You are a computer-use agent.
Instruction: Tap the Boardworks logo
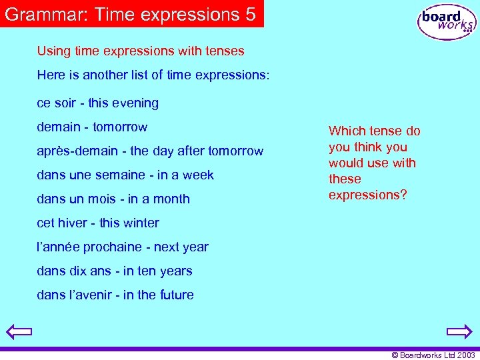click(x=446, y=22)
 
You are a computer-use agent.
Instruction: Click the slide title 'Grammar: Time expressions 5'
click(x=131, y=14)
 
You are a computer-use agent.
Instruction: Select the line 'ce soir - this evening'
click(x=97, y=103)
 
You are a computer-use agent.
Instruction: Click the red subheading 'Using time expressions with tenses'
click(x=141, y=51)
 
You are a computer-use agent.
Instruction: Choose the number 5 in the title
click(x=250, y=14)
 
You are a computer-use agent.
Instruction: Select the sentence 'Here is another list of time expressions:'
click(x=153, y=75)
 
